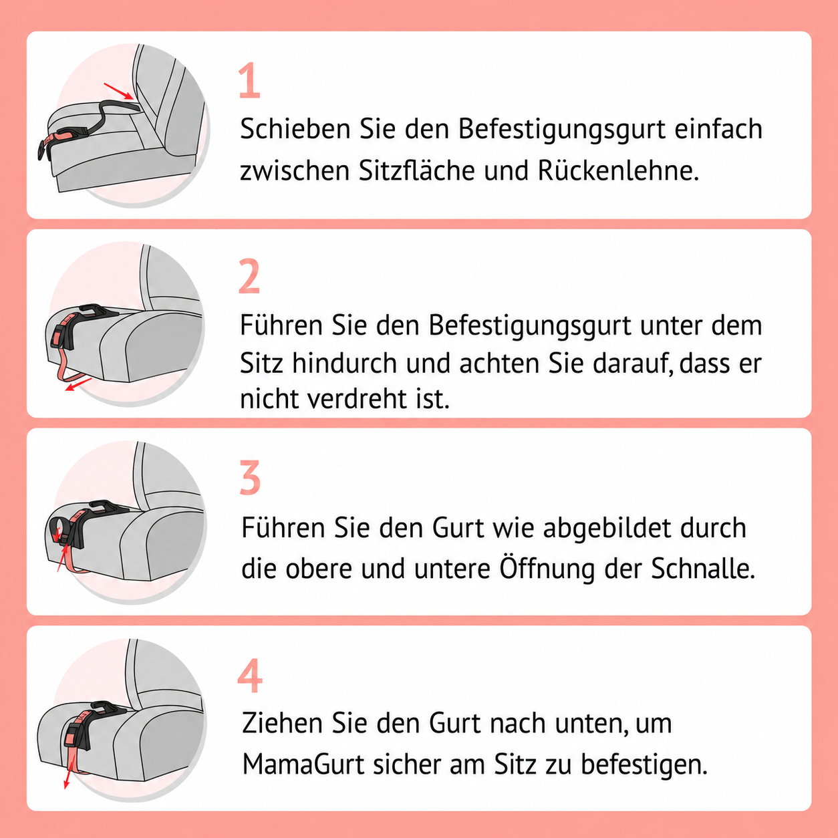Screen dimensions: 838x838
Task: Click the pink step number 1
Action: pos(250,80)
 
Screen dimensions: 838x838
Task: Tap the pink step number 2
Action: pos(250,276)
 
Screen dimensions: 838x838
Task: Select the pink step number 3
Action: pos(250,477)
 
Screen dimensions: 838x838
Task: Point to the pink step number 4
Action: pos(250,676)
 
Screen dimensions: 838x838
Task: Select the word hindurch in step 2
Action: pos(344,362)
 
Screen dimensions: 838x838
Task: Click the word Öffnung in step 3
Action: pos(547,568)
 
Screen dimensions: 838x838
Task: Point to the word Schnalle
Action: pos(703,569)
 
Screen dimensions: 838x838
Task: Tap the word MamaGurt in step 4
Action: pos(303,764)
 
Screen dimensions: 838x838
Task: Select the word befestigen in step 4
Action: pos(644,764)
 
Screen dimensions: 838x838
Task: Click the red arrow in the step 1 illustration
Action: pos(118,92)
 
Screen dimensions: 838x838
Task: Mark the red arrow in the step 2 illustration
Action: pos(78,384)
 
